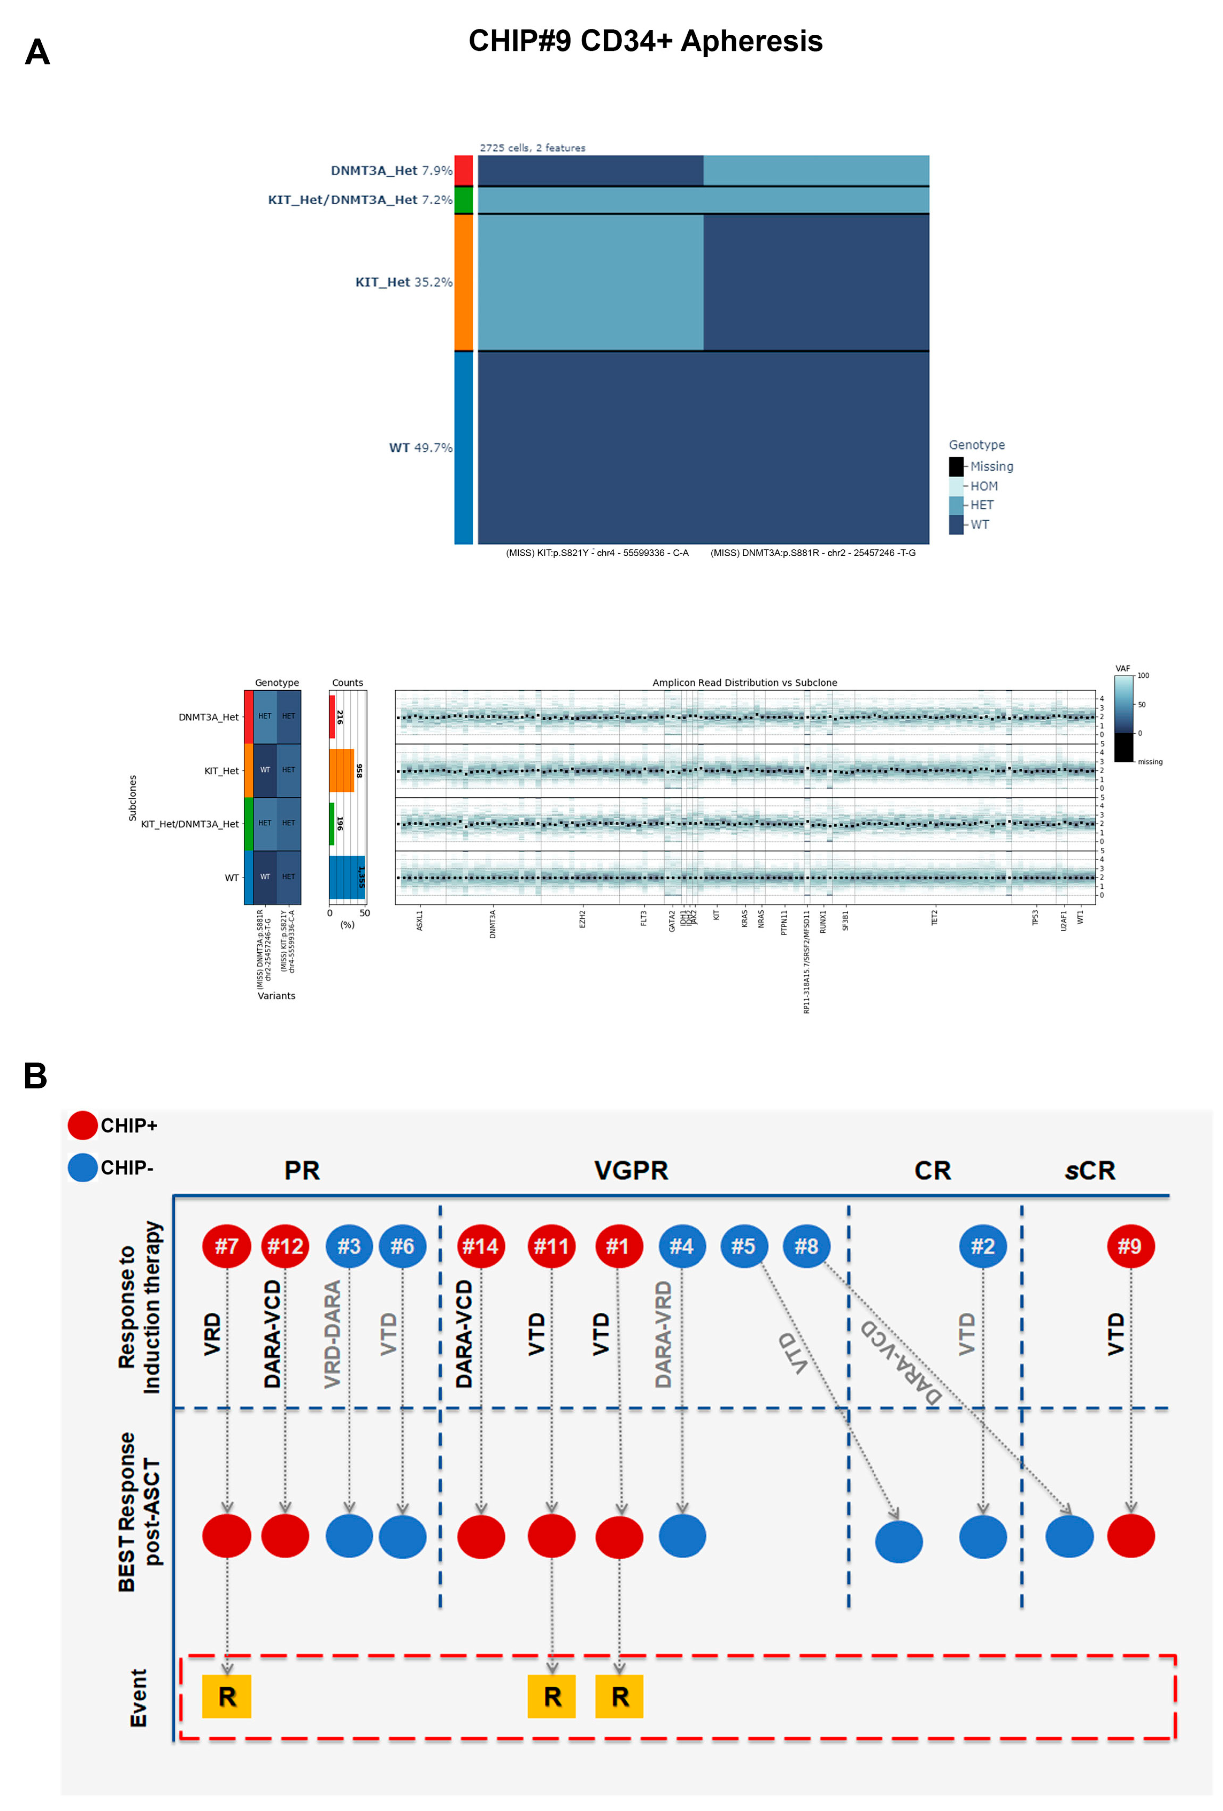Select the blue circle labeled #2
[982, 1246]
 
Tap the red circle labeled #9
[1130, 1246]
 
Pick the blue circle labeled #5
[743, 1246]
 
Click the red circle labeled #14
[480, 1246]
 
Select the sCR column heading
[1089, 1171]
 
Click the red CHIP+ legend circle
[82, 1125]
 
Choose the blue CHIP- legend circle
[82, 1167]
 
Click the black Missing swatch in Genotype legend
[956, 466]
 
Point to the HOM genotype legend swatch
[956, 485]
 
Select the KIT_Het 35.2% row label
[403, 282]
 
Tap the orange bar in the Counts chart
[341, 770]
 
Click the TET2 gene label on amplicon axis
[934, 917]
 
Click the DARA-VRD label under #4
[663, 1334]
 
